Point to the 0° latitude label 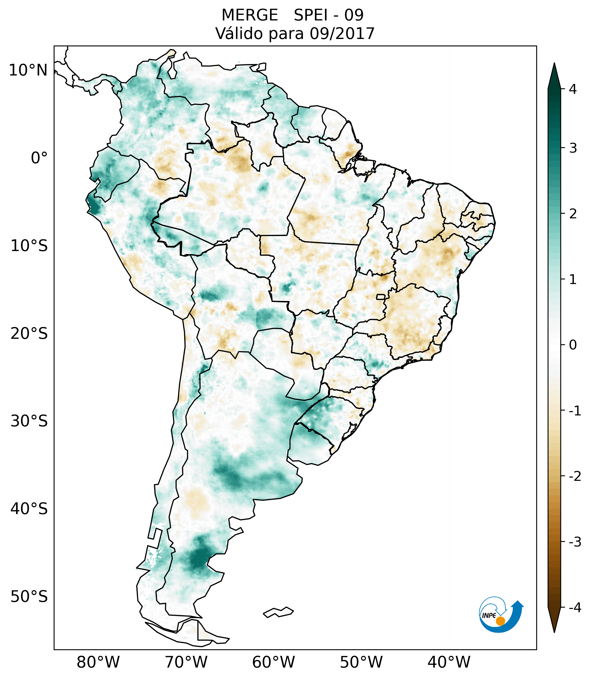coord(39,158)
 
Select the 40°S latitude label coord(29,509)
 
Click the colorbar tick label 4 coord(573,89)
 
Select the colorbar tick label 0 coord(573,345)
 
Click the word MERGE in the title coord(250,15)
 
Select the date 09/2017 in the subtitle coord(342,34)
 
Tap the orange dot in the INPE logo coord(500,621)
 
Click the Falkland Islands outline coord(278,612)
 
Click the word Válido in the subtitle coord(236,34)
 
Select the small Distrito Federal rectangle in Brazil coord(381,297)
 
